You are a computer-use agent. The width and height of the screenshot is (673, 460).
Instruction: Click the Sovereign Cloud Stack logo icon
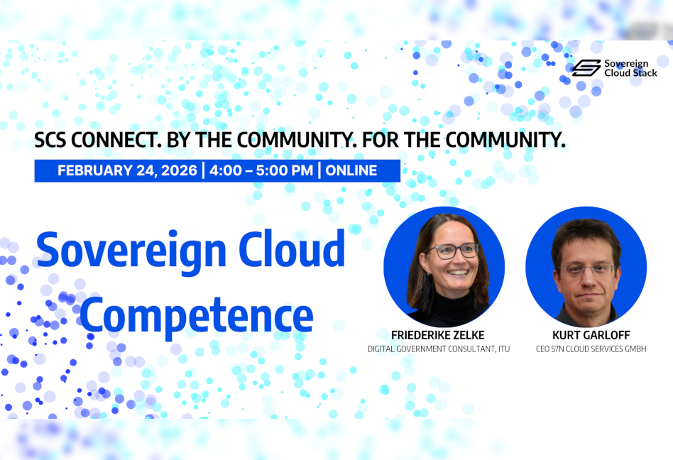coord(586,68)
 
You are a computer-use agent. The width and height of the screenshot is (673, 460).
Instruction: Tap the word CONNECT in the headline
coord(116,140)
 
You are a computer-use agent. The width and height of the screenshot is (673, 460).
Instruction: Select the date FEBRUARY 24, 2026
coord(127,171)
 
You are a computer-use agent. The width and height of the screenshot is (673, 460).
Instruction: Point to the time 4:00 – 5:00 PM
coord(261,171)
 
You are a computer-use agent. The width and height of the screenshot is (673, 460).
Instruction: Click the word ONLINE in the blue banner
coord(351,171)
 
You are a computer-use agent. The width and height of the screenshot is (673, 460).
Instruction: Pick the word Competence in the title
coord(197,317)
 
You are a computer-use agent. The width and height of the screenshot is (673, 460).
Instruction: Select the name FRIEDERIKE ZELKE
coord(438,335)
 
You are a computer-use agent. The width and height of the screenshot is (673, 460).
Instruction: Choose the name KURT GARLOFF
coord(591,335)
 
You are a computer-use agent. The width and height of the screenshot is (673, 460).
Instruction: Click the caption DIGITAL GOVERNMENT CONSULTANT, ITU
coord(439,349)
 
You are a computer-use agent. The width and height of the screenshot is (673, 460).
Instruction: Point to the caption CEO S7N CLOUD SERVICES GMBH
coord(591,349)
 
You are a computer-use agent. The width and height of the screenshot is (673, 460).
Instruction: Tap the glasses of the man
coord(587,270)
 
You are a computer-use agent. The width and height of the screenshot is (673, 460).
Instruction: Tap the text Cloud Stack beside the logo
coord(630,73)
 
